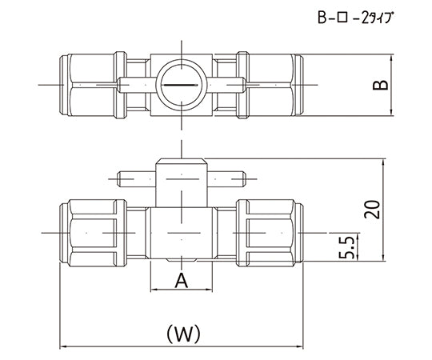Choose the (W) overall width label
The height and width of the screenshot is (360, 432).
click(181, 330)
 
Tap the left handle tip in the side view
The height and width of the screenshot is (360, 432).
click(122, 178)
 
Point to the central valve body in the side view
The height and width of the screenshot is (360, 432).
click(181, 233)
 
